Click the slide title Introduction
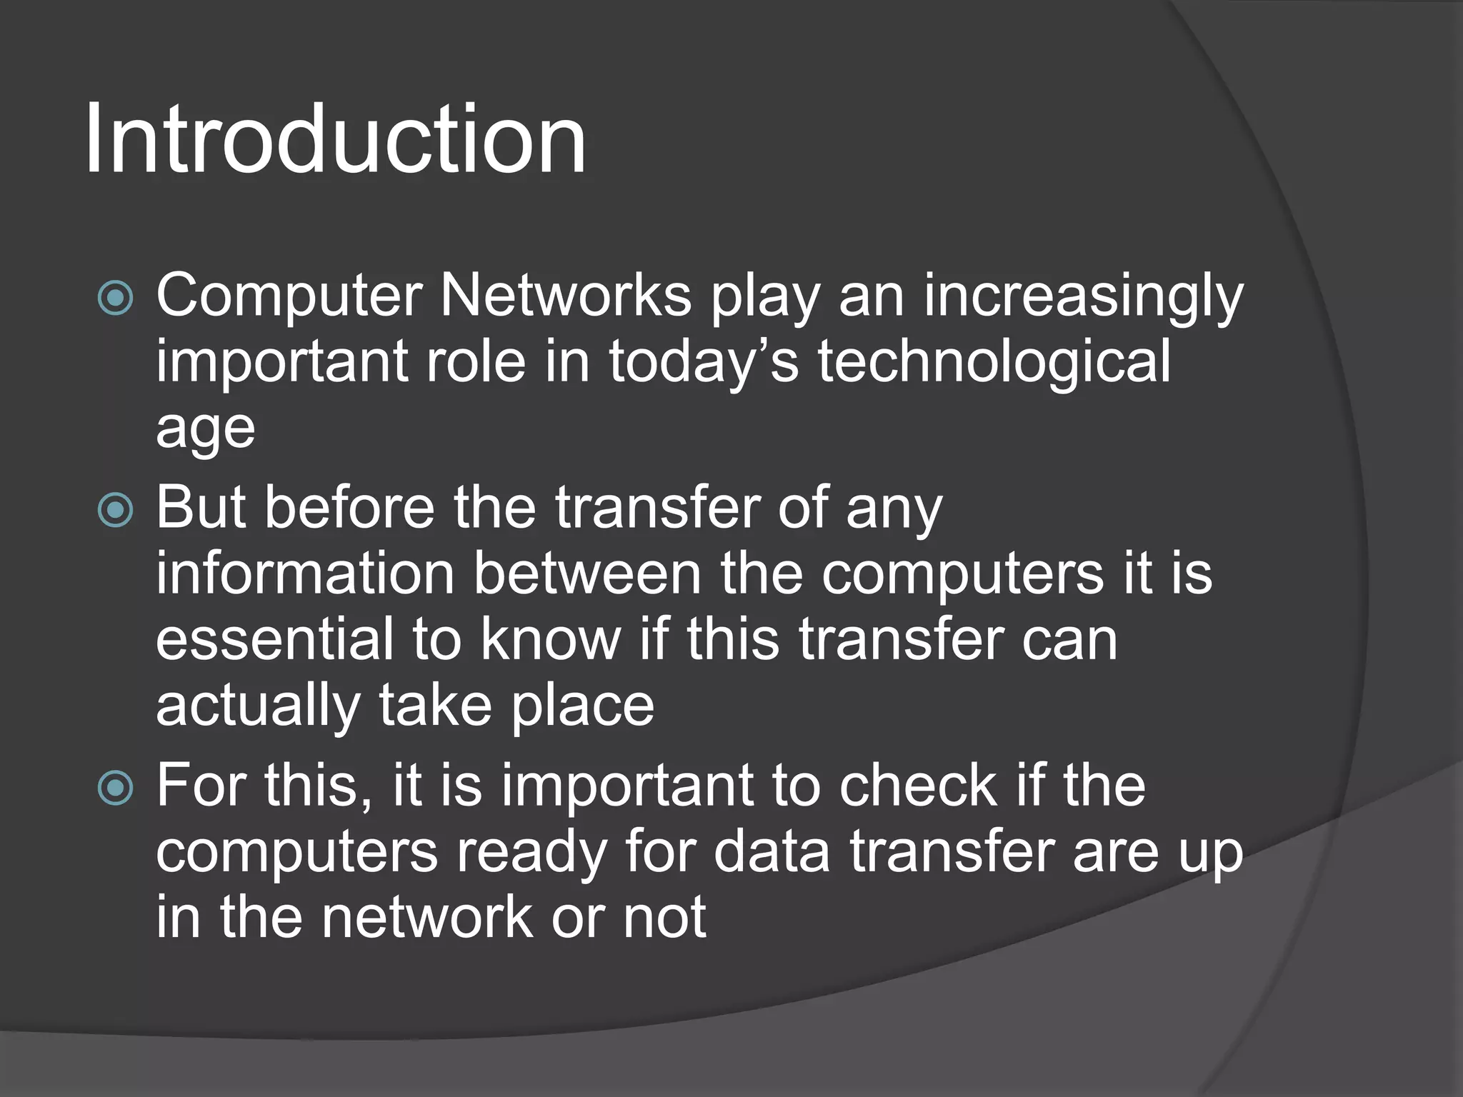(x=334, y=139)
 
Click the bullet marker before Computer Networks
(x=115, y=299)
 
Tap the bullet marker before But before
(x=115, y=510)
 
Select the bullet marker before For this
(x=115, y=788)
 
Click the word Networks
(x=565, y=295)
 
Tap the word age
(x=205, y=430)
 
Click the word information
(x=305, y=573)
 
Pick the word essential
(x=274, y=639)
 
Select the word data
(x=772, y=851)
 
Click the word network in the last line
(x=426, y=918)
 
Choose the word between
(x=587, y=573)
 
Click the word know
(x=551, y=639)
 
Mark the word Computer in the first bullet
(x=289, y=296)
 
